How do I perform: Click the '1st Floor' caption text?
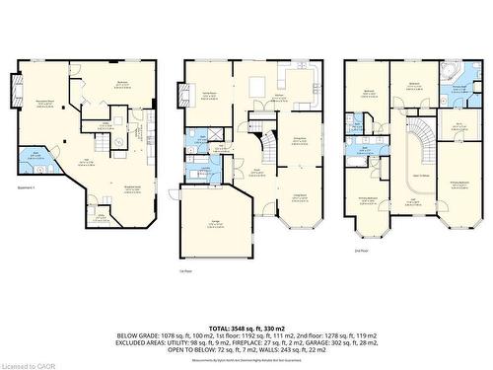click(185, 269)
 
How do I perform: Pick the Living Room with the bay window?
click(301, 197)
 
